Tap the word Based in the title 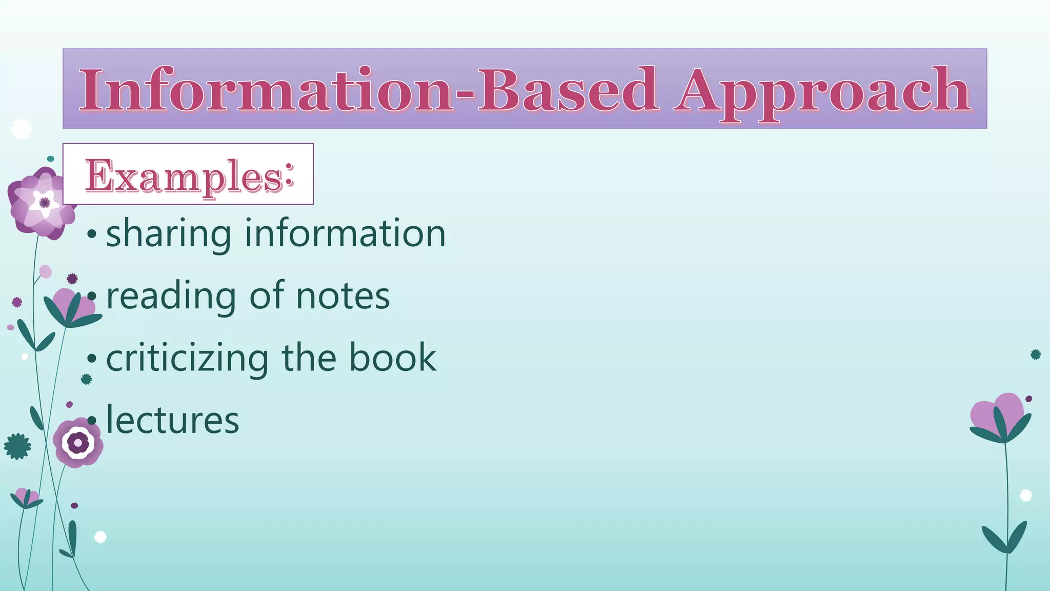pos(568,89)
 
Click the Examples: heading pos(189,175)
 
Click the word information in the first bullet pos(345,233)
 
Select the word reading pos(171,297)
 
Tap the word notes pos(343,296)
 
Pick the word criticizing pos(187,359)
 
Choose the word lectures pos(172,420)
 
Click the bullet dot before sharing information pos(92,234)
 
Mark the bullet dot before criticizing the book pos(92,359)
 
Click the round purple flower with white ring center pos(78,442)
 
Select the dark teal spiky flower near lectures pos(17,446)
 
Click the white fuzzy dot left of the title pos(21,129)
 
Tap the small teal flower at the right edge pos(1035,354)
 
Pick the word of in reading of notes pos(267,296)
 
